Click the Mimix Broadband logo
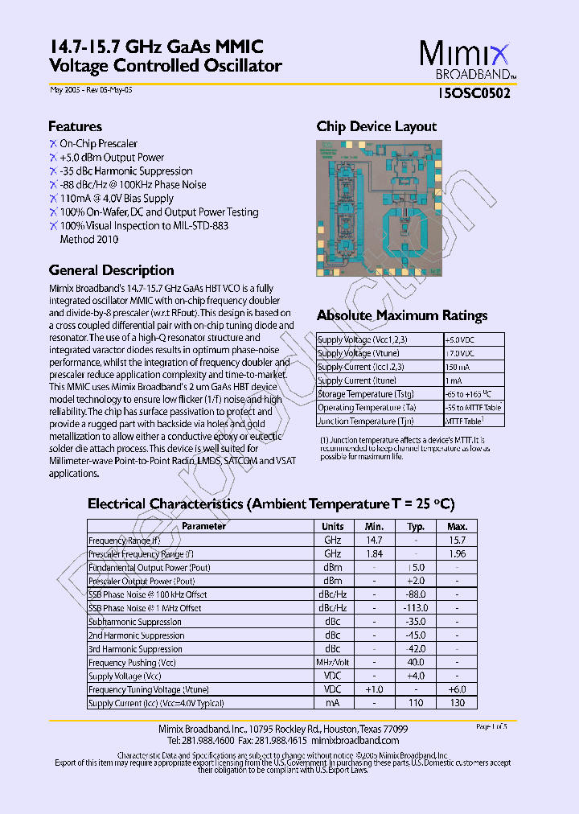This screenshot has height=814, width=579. [464, 60]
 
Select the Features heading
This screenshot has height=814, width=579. [75, 126]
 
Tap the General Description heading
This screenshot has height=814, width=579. [111, 270]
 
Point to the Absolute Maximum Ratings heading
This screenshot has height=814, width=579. [402, 315]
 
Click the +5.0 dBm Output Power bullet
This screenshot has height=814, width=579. [112, 158]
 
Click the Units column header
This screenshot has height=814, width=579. [332, 527]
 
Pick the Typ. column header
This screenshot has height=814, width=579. [416, 527]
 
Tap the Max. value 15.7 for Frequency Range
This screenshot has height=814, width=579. [457, 541]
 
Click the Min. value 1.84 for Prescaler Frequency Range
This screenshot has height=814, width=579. [375, 554]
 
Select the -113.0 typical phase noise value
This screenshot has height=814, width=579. [416, 608]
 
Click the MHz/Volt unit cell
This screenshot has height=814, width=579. [332, 662]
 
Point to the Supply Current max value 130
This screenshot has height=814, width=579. [457, 703]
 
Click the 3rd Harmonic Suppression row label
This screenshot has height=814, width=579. [135, 649]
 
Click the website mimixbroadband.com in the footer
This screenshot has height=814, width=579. [355, 740]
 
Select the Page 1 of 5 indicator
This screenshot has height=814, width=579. [491, 726]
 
